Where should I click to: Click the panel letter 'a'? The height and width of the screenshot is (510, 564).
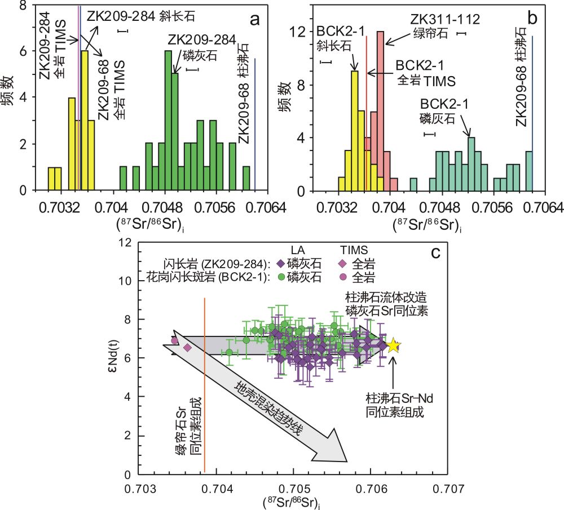pyautogui.click(x=255, y=20)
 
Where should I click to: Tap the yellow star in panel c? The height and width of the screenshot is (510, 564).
pyautogui.click(x=394, y=346)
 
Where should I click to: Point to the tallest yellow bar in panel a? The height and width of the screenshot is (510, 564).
pyautogui.click(x=84, y=121)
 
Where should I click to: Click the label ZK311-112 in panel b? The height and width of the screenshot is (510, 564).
pyautogui.click(x=445, y=20)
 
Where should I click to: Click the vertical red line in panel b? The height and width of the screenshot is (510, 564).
pyautogui.click(x=367, y=113)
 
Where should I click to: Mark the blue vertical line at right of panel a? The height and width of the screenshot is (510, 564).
pyautogui.click(x=255, y=124)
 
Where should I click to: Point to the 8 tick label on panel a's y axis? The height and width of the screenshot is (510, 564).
pyautogui.click(x=23, y=6)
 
